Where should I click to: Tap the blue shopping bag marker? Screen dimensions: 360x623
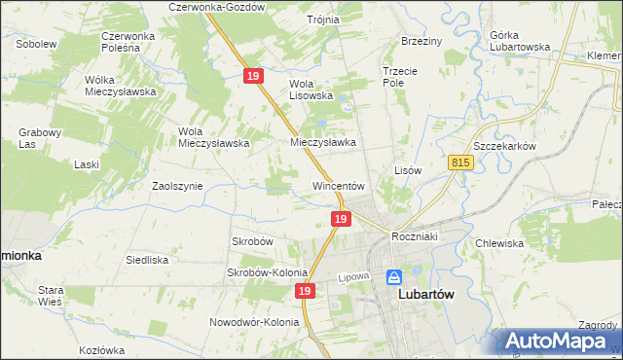[x=394, y=277]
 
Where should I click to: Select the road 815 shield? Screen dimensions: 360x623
[x=461, y=164]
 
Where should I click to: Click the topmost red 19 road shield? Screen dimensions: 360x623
[x=253, y=75]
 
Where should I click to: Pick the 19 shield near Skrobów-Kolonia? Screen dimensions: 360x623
[x=306, y=291]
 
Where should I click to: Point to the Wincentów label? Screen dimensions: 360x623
[x=338, y=185]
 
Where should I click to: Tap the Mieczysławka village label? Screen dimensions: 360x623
[x=323, y=141]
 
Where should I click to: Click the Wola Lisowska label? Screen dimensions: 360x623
[x=311, y=90]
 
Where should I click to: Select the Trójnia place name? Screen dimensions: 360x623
[x=322, y=19]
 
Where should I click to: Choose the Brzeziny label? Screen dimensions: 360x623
[x=421, y=41]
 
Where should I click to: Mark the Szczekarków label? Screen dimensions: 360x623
[x=502, y=145]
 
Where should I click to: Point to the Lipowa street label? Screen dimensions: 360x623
[x=356, y=277]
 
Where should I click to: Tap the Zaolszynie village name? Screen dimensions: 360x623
[x=177, y=185]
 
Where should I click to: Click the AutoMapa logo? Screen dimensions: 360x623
[x=560, y=342]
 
